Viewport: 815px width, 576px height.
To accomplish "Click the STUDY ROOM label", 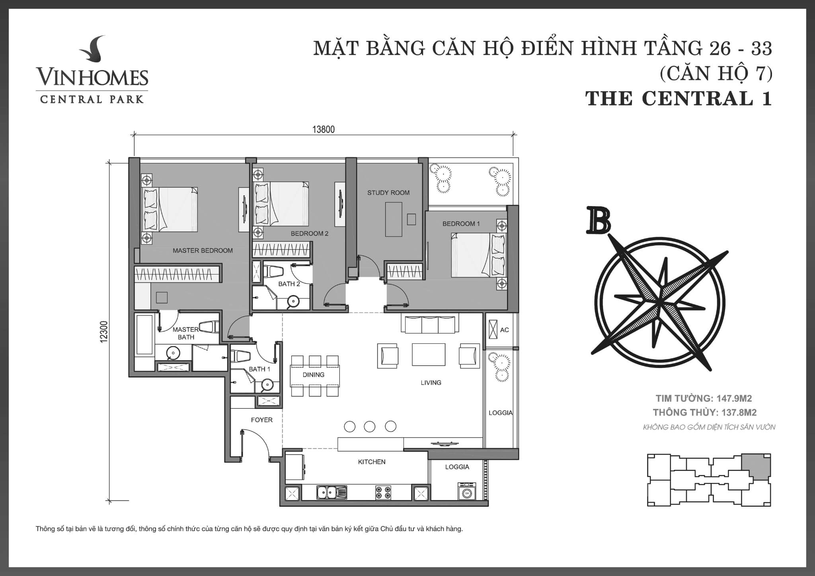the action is pos(388,193).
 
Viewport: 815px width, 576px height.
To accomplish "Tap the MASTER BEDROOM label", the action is pos(203,251).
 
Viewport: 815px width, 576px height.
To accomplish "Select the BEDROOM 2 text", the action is pos(310,234).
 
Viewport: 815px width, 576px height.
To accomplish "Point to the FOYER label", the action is pos(261,420).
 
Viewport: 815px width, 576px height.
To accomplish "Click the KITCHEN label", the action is pos(372,462).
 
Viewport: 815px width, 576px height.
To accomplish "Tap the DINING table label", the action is pos(314,375).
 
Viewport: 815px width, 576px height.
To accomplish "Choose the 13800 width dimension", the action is pos(324,130).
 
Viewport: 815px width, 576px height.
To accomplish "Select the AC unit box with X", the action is pos(493,330).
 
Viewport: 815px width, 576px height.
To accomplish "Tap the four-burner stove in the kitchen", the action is pos(383,493).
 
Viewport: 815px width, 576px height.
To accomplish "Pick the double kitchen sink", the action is pos(331,493).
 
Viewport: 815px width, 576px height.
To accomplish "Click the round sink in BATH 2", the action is pos(294,301).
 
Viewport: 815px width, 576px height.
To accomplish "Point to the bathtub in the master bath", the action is pos(144,335).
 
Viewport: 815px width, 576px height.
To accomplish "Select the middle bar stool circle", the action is pos(370,426).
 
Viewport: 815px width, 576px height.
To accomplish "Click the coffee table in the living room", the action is pos(428,354).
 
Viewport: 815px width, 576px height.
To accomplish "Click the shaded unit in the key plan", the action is pos(756,467).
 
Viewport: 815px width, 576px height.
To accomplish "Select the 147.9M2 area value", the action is pos(734,398).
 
